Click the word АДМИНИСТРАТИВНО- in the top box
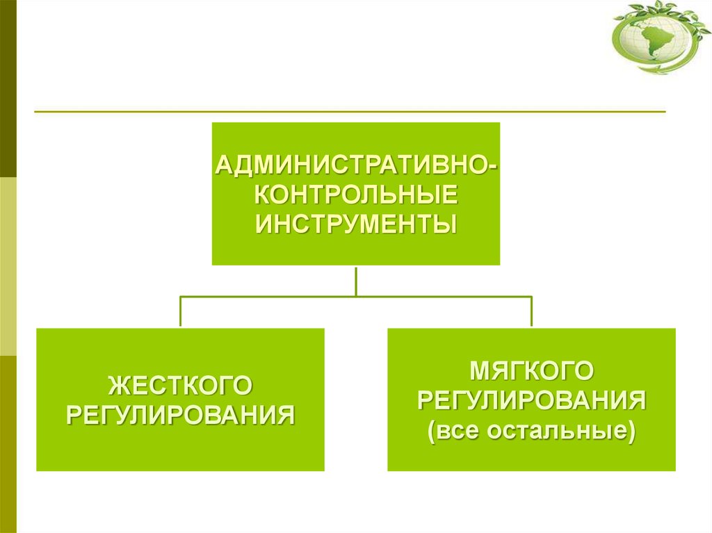[x=356, y=166]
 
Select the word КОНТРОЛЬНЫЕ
[x=356, y=195]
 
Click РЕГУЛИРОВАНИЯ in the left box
[x=180, y=415]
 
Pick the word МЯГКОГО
[x=531, y=371]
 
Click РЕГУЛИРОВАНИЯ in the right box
[x=531, y=400]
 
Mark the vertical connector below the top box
[x=356, y=280]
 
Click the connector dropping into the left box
[x=181, y=311]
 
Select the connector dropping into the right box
[x=532, y=311]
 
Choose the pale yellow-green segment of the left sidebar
[x=8, y=266]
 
